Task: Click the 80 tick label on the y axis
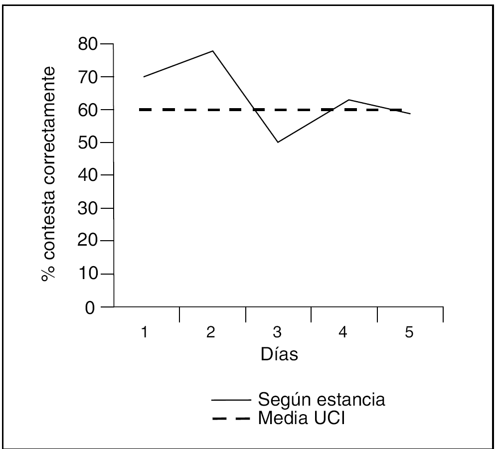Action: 89,44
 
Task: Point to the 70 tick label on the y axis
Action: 89,77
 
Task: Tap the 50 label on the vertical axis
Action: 89,143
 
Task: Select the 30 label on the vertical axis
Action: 89,208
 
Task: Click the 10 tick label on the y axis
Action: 89,274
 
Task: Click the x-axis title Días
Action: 279,355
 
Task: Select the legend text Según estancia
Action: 321,400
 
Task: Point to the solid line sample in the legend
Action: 230,400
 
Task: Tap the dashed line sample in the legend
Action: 230,419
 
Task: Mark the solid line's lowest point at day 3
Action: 278,142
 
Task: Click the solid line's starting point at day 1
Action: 144,77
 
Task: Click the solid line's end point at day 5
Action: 410,114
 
